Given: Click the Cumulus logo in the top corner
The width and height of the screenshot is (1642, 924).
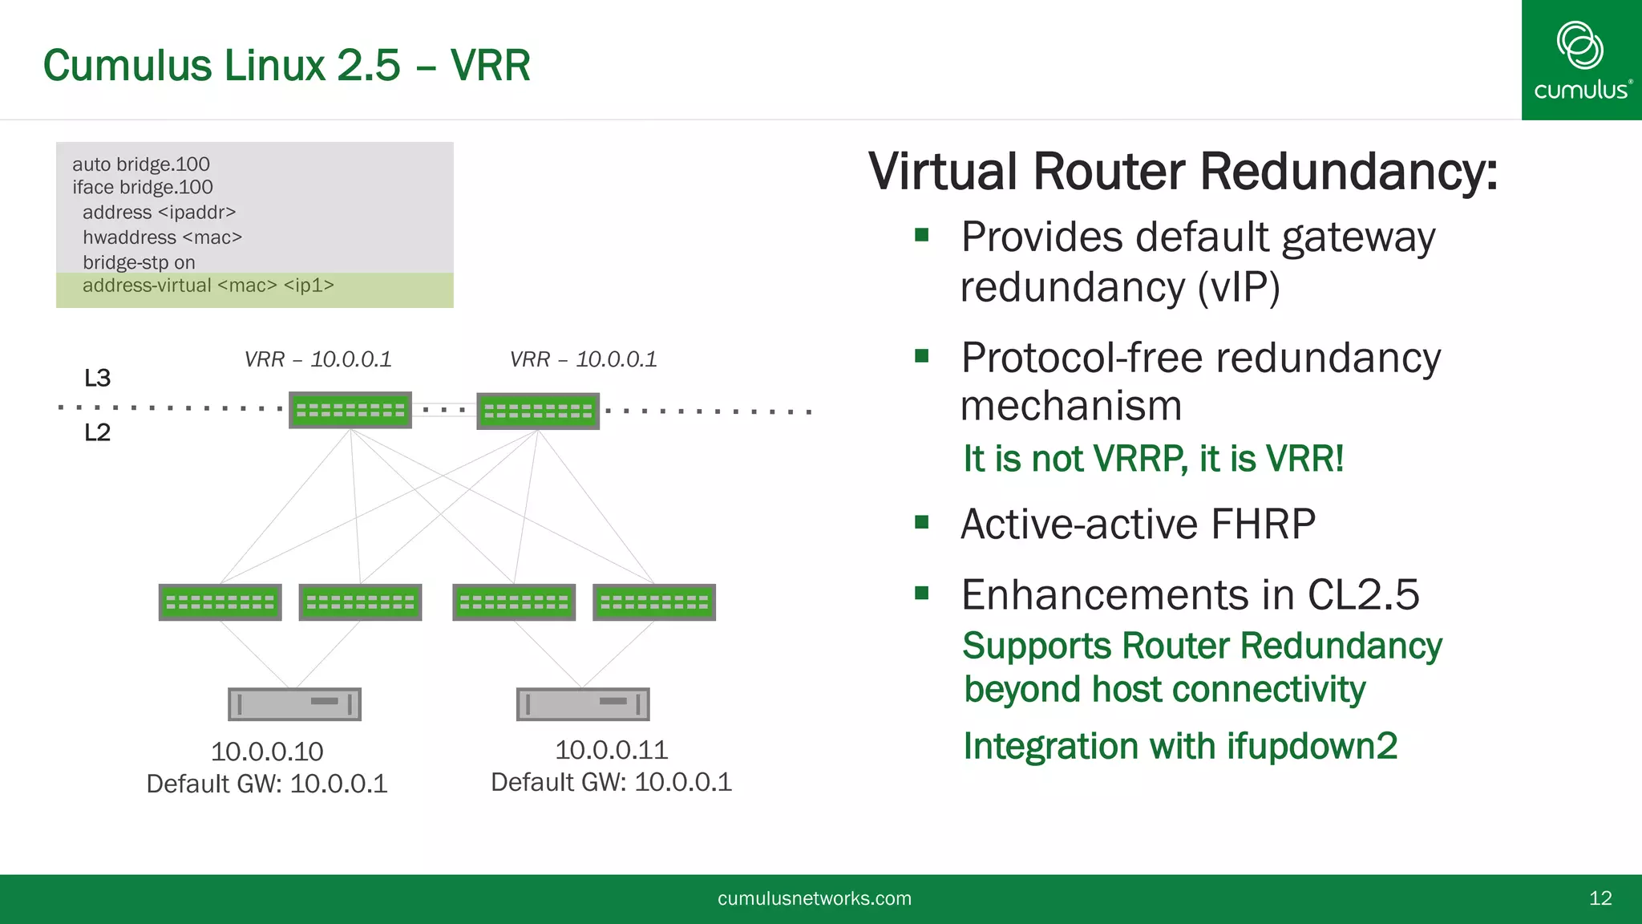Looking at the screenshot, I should (x=1581, y=60).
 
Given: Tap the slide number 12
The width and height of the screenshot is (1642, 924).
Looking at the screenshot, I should (x=1600, y=898).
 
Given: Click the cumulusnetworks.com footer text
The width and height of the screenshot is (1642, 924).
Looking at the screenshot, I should (x=814, y=898).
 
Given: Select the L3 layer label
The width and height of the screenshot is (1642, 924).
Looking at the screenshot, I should (x=97, y=378).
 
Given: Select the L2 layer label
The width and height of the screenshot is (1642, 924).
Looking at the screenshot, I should (x=97, y=432).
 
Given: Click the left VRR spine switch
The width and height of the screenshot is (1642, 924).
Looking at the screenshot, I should (x=350, y=410).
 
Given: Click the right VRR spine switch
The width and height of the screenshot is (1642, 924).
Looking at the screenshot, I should (x=538, y=411).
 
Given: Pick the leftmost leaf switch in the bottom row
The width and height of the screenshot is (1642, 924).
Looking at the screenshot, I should (x=220, y=602).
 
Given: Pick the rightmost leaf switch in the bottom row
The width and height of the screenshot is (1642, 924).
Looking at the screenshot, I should (x=653, y=602).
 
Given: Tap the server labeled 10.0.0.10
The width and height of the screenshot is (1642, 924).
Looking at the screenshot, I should (x=294, y=703).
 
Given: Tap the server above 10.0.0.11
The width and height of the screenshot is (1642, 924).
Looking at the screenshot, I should (x=582, y=703).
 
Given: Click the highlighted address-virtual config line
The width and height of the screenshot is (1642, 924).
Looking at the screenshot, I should (x=208, y=286).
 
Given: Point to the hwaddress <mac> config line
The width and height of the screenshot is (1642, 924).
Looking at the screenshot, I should (x=162, y=237).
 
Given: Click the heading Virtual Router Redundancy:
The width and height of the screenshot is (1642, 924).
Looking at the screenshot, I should (x=1183, y=172).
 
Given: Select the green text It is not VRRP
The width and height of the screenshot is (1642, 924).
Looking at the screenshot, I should (x=1074, y=459).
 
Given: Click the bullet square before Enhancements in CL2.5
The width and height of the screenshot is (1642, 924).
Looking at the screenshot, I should (x=921, y=593).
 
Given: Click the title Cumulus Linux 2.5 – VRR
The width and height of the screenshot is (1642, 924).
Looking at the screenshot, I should (x=286, y=65).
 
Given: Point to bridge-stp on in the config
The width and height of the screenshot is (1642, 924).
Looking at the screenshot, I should (x=139, y=262).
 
